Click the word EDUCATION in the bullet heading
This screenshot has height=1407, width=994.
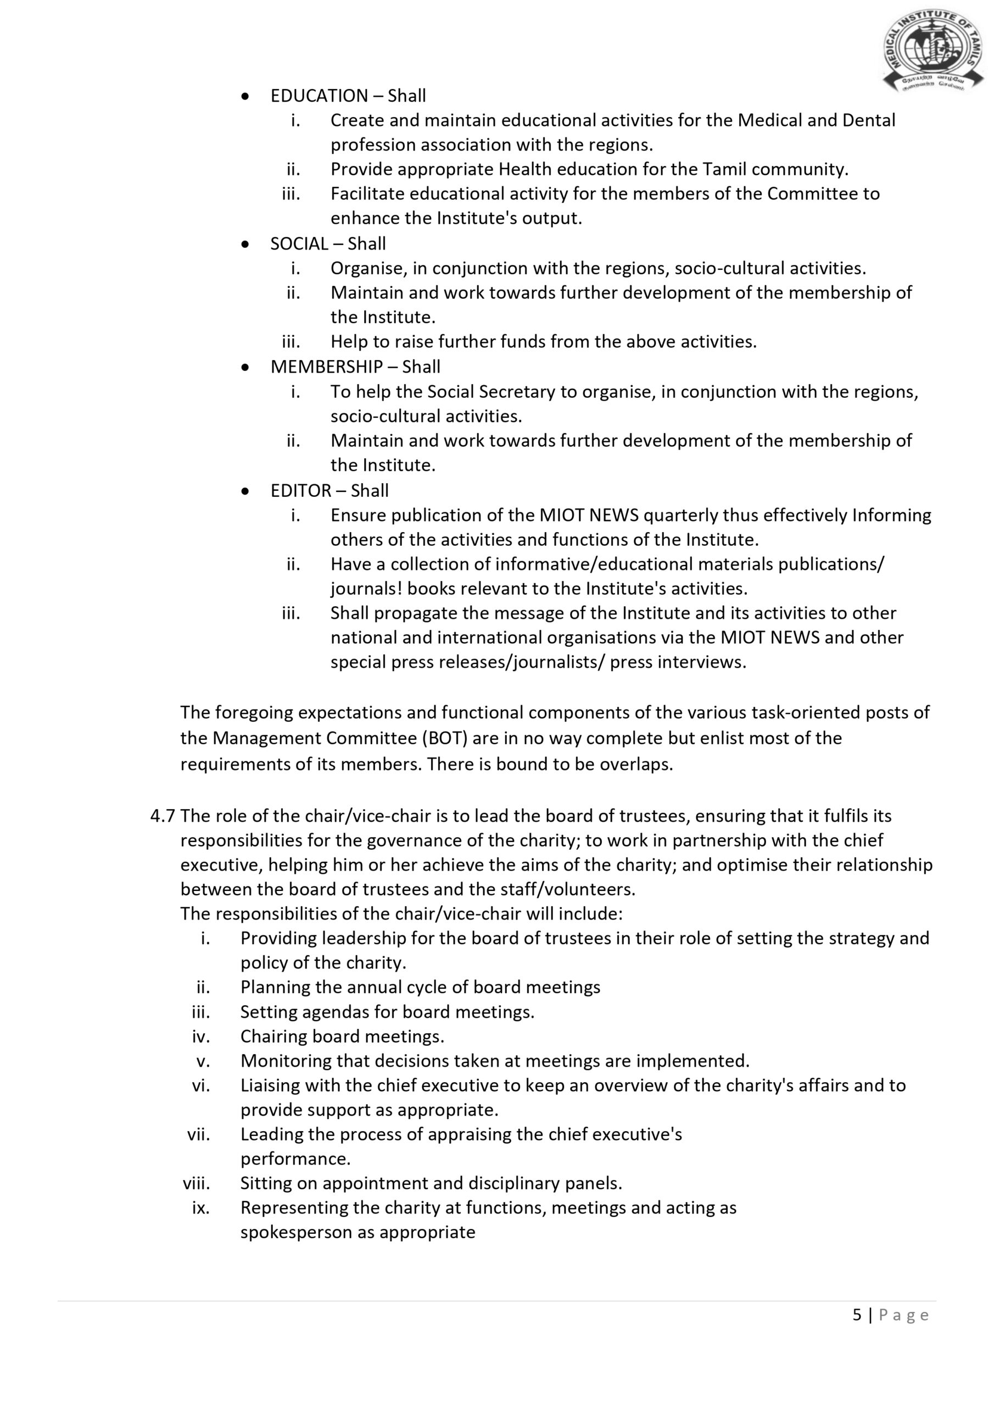[x=319, y=96]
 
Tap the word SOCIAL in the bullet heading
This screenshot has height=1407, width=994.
[x=299, y=244]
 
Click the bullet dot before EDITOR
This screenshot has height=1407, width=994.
[x=245, y=491]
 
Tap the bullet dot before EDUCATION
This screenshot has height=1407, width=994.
[x=245, y=96]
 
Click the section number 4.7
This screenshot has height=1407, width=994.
[x=163, y=816]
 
